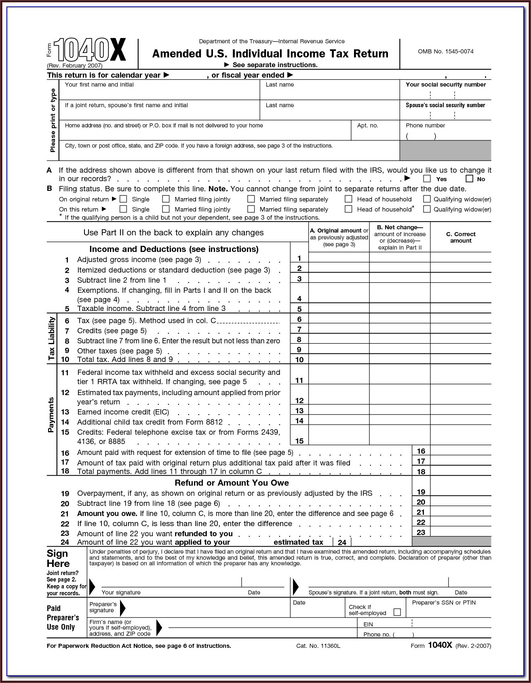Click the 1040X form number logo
[x=90, y=50]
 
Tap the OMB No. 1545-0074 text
[x=445, y=51]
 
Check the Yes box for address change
[x=427, y=179]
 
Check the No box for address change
[x=469, y=179]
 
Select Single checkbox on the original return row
[x=124, y=199]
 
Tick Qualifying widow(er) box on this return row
[x=427, y=209]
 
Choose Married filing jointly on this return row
[x=166, y=209]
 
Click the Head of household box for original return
[x=348, y=199]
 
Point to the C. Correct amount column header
[x=461, y=237]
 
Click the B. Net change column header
[x=400, y=237]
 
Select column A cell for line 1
[x=339, y=258]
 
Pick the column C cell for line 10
[x=461, y=359]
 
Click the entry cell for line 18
[x=461, y=471]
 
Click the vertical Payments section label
[x=51, y=415]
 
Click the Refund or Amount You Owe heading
[x=232, y=483]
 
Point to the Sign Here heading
[x=58, y=558]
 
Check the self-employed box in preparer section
[x=397, y=612]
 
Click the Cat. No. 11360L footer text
[x=318, y=646]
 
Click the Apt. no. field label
[x=367, y=125]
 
